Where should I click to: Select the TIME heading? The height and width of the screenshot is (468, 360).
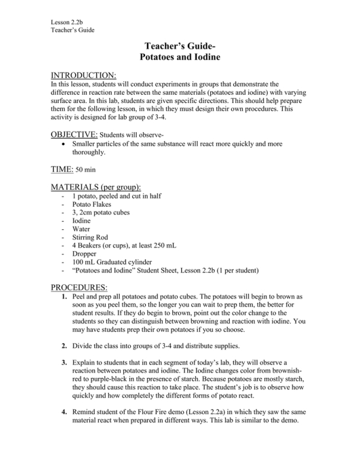[60, 169]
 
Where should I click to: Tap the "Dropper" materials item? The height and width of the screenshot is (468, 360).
[85, 254]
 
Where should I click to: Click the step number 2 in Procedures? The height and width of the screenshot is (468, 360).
[63, 345]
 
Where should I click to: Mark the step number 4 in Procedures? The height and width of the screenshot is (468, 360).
[63, 412]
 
